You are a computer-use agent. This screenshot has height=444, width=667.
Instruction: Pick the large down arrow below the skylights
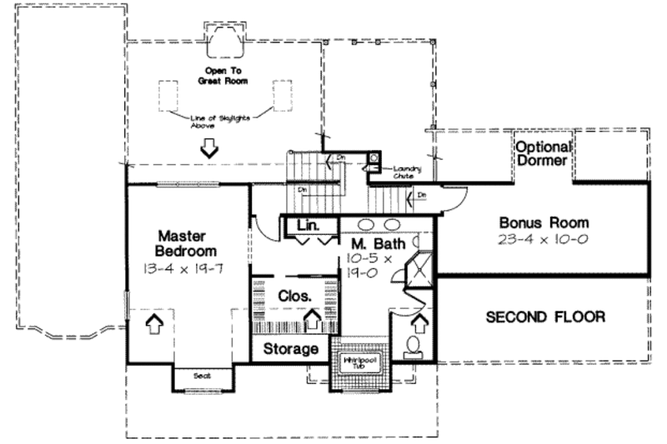(x=208, y=148)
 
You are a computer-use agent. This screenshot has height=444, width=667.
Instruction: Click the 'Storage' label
(x=291, y=348)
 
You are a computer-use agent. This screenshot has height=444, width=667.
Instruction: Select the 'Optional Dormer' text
(x=541, y=153)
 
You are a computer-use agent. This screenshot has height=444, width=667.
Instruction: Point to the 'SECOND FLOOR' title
(x=545, y=317)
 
